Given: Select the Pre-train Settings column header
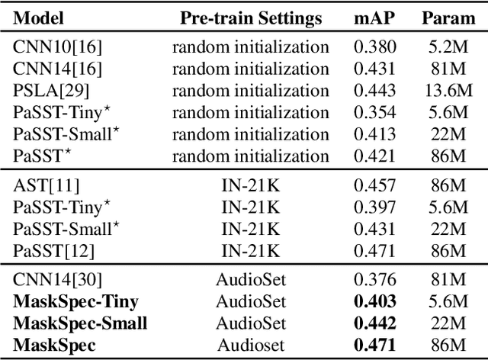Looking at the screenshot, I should [x=251, y=18].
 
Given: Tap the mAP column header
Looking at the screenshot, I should [x=374, y=18].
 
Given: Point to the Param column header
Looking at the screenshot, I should [x=448, y=18].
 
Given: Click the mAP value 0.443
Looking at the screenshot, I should [x=374, y=91].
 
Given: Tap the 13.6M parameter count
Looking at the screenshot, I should [x=448, y=91].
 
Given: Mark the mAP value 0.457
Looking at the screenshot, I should [x=374, y=185].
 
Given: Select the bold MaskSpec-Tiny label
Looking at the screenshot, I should [x=76, y=301].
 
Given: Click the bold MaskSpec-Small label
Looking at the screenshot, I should [x=80, y=323].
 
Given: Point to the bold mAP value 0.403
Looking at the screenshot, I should [x=374, y=301].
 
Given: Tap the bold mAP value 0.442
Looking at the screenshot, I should [x=374, y=323].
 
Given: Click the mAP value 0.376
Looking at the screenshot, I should [x=374, y=279].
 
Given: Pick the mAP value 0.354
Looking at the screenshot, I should [x=374, y=114].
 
